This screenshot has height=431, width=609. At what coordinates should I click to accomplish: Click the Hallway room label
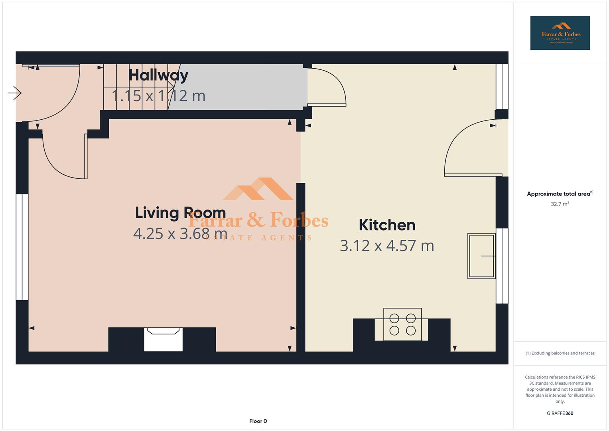[158, 75]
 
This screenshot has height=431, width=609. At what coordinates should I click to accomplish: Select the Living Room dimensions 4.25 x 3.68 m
[180, 233]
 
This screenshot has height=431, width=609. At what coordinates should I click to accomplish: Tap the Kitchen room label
[387, 225]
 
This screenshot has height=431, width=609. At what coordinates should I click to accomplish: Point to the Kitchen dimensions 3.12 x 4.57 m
[387, 246]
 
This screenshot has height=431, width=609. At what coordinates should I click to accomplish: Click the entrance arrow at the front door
[14, 93]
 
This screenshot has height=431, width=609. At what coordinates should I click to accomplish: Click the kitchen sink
[481, 256]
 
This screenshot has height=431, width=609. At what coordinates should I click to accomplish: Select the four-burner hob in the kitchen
[402, 324]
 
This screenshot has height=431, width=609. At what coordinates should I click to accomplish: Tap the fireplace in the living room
[163, 339]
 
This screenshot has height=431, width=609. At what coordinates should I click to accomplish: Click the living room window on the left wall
[22, 247]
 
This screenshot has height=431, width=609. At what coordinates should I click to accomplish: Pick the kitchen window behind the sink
[502, 266]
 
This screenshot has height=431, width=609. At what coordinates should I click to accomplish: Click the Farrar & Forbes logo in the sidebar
[560, 33]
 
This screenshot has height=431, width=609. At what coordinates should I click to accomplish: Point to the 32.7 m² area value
[560, 204]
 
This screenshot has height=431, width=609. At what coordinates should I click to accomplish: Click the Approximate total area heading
[560, 194]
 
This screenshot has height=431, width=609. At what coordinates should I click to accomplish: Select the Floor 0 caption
[258, 421]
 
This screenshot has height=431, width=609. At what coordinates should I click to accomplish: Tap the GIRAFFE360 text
[560, 413]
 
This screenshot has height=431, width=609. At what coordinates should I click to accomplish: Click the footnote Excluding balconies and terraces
[560, 353]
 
